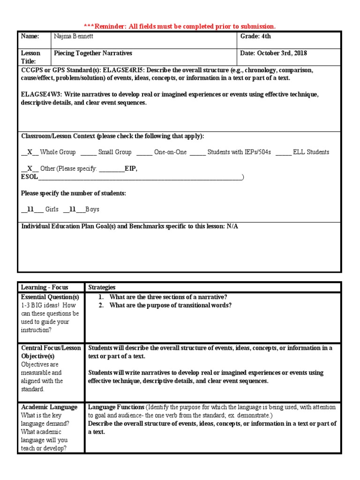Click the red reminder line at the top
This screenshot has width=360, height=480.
180,26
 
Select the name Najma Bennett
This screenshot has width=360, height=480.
74,37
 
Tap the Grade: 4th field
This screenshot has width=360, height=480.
256,37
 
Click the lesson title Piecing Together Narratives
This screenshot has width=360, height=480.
93,53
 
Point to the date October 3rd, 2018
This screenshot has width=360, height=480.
274,53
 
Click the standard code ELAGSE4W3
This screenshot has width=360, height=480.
41,95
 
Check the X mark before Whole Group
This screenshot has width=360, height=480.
30,152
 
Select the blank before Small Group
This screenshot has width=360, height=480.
88,152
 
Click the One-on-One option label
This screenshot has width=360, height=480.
171,152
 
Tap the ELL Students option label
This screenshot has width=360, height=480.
311,152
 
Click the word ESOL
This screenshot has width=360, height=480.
30,177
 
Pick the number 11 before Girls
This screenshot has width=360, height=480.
31,210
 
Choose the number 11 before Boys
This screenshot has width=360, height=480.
73,210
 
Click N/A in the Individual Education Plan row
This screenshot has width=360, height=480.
232,226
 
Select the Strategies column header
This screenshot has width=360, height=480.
102,287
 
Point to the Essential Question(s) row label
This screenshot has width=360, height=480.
50,297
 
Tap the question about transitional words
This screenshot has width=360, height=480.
170,306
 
